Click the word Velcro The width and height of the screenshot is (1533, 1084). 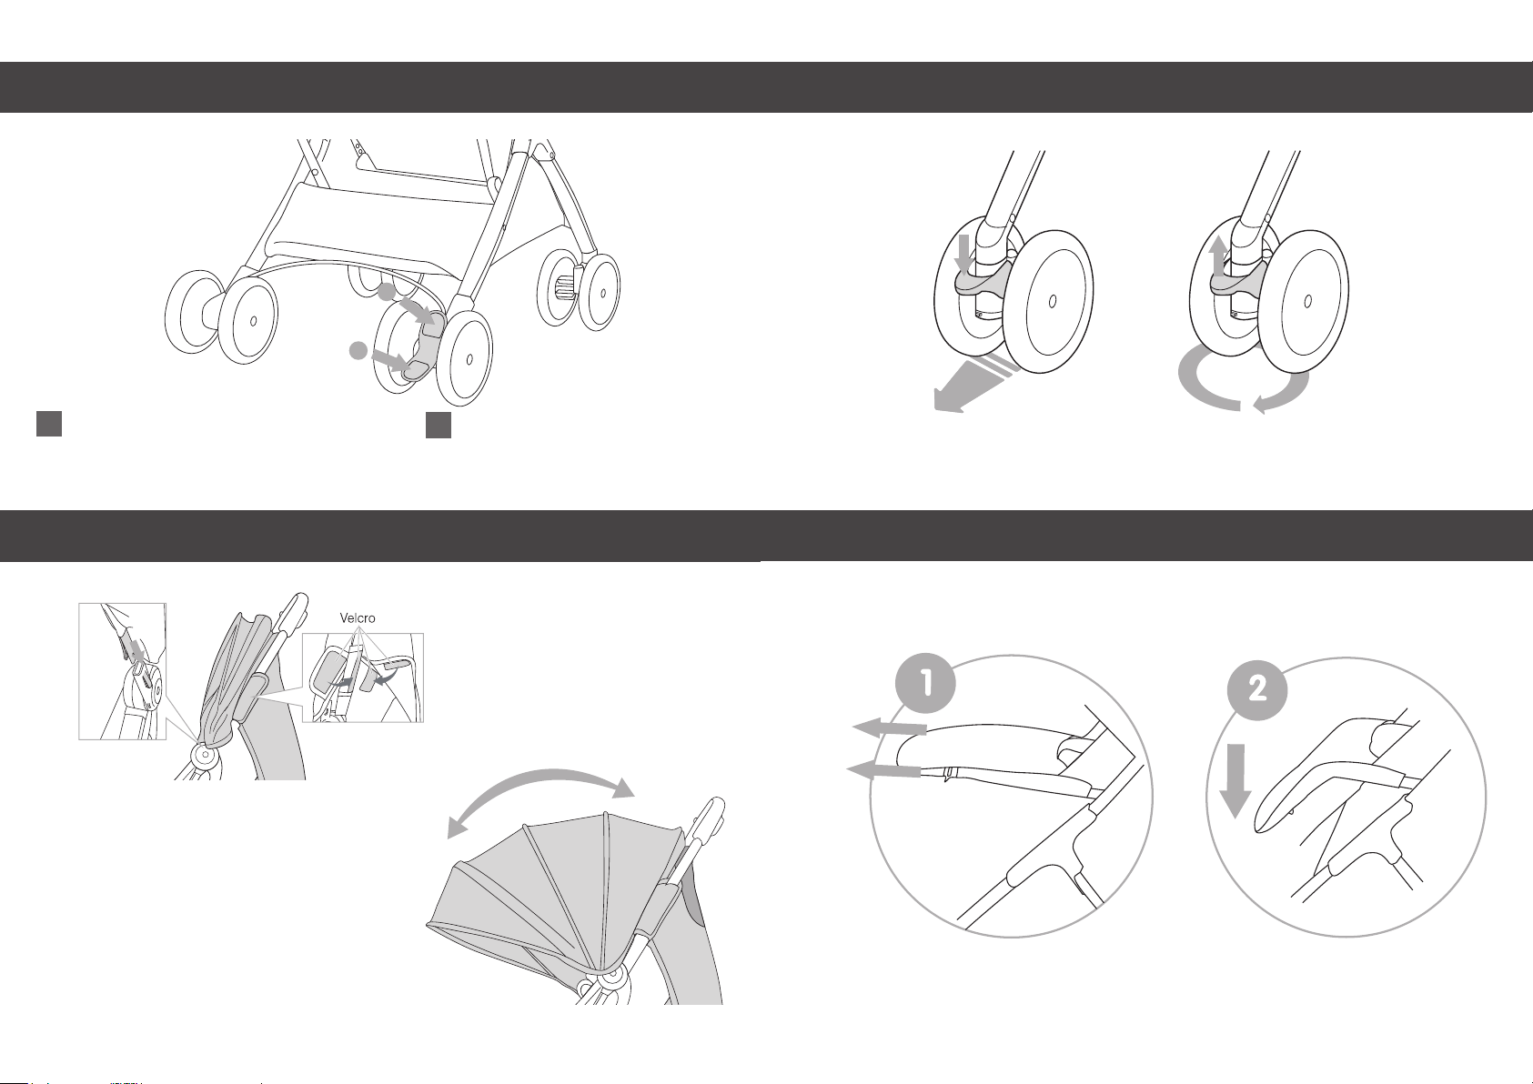click(x=358, y=618)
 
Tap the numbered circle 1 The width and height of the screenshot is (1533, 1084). click(x=925, y=683)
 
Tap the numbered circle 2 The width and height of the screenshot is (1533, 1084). click(x=1257, y=689)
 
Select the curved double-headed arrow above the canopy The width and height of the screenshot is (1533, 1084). click(x=540, y=777)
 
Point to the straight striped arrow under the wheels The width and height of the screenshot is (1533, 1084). click(x=975, y=386)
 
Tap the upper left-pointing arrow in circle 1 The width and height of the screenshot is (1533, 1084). click(x=889, y=729)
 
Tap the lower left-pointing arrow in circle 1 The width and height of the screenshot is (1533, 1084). click(x=883, y=771)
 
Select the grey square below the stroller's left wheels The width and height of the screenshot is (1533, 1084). click(x=49, y=424)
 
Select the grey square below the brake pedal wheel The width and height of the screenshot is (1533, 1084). click(x=438, y=425)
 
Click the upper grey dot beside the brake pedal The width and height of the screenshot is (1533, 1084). click(x=387, y=292)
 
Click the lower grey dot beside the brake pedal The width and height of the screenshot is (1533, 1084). click(x=358, y=350)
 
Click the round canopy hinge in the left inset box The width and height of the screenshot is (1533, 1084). click(x=146, y=688)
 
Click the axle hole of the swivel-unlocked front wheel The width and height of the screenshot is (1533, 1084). click(x=1308, y=301)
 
